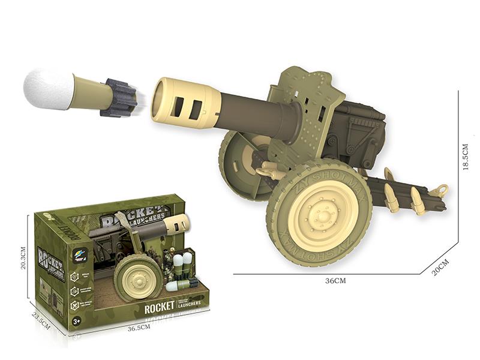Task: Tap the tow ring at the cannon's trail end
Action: click(442, 191)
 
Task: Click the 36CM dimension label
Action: click(335, 281)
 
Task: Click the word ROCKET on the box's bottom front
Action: click(159, 305)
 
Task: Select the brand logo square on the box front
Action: click(82, 254)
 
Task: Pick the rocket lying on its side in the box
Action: click(180, 286)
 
